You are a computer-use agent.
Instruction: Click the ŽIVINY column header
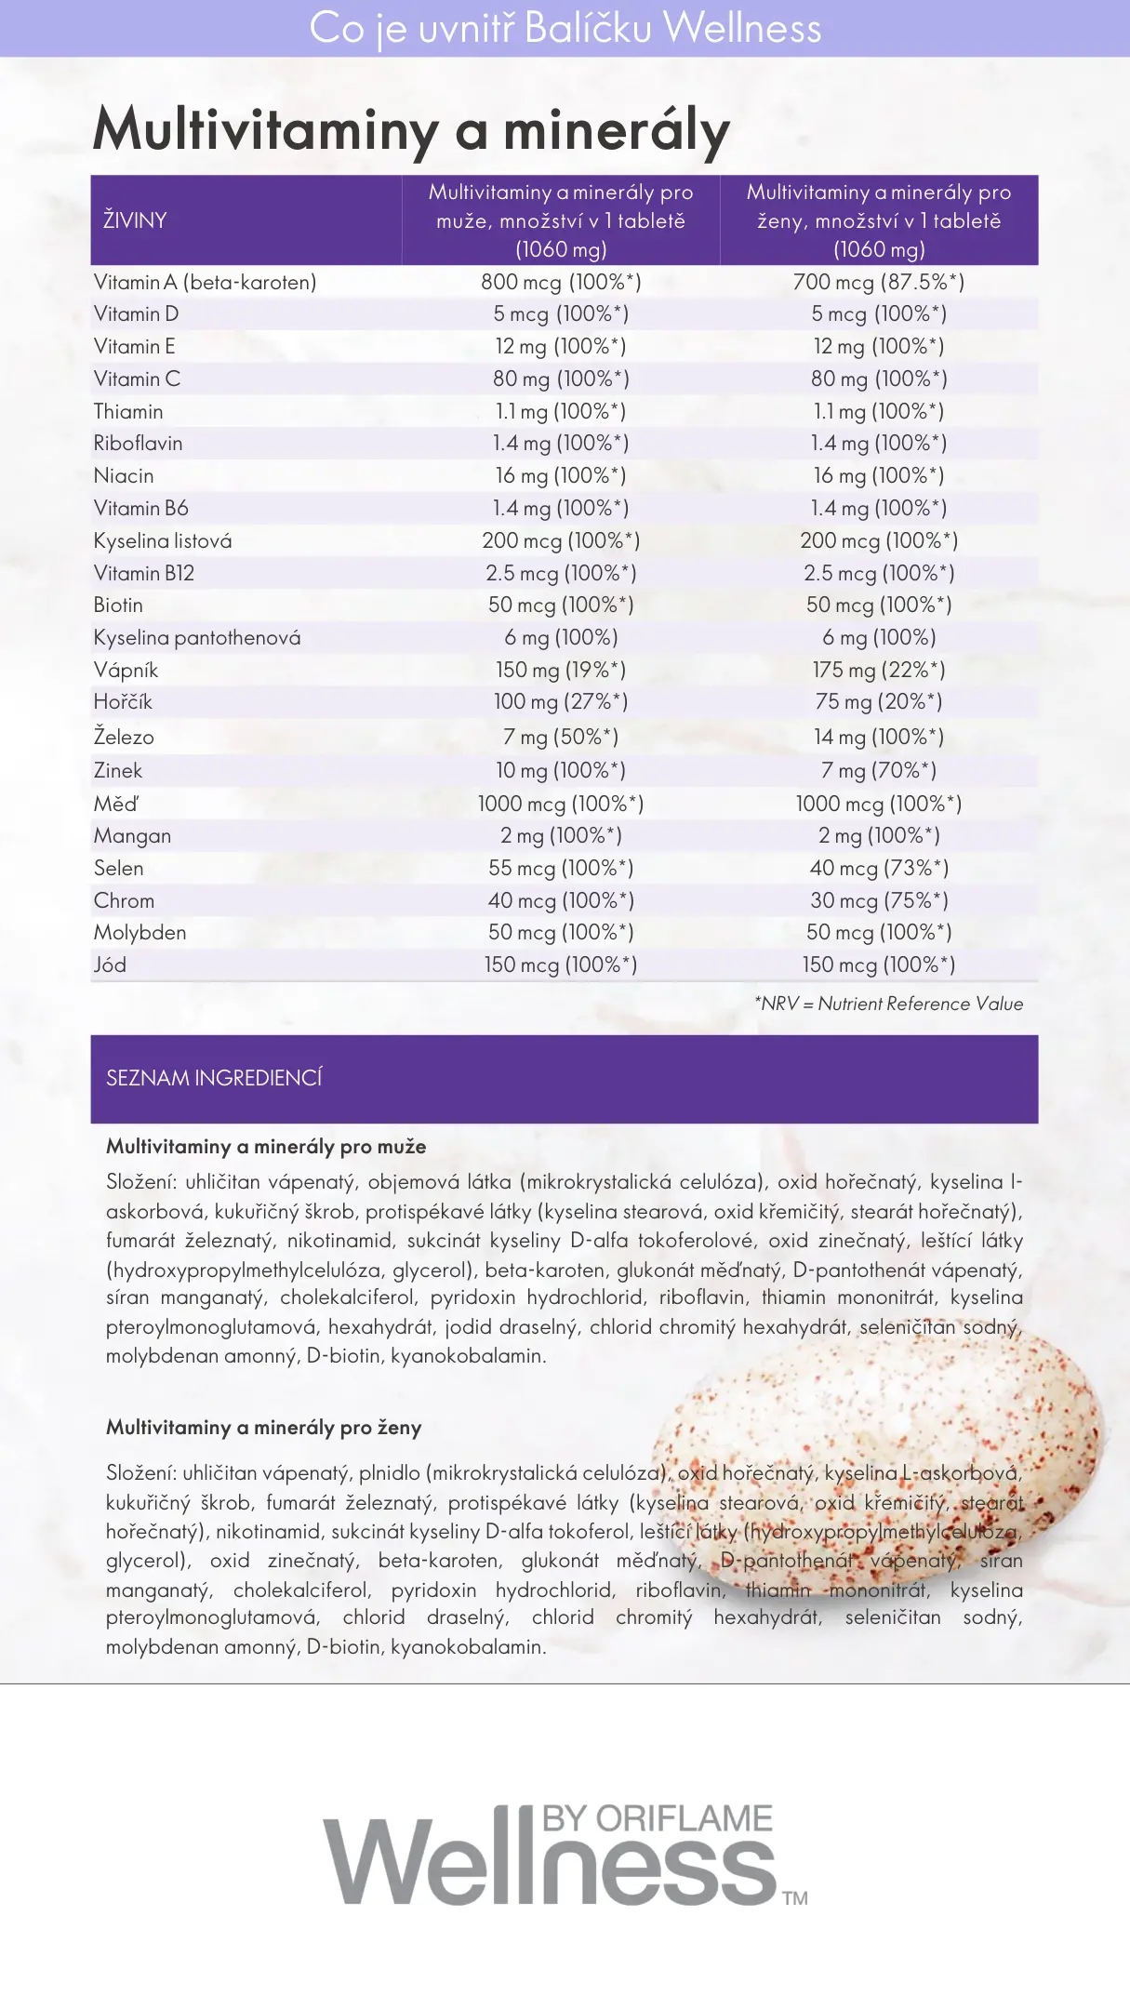(x=135, y=220)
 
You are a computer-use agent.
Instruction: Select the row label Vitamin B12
(x=144, y=573)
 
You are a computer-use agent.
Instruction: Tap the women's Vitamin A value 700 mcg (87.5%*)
(x=878, y=282)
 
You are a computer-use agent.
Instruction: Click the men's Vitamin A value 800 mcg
(x=561, y=282)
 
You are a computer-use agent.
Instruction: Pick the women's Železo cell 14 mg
(x=878, y=737)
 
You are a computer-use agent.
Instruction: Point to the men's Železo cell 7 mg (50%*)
(x=561, y=737)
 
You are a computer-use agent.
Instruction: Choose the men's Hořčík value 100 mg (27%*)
(x=561, y=701)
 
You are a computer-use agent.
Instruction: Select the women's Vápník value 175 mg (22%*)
(x=878, y=670)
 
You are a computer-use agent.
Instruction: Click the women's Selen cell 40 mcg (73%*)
(x=878, y=868)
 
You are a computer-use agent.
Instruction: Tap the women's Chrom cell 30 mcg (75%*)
(x=878, y=900)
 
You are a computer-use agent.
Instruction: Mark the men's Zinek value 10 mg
(x=561, y=770)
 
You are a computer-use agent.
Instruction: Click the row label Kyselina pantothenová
(x=197, y=638)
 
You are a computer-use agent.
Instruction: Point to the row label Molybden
(x=140, y=933)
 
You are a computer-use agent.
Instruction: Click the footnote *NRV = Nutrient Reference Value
(x=888, y=1004)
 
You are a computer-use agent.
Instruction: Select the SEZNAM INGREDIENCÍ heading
(x=214, y=1078)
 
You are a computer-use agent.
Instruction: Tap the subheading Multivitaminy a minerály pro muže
(x=266, y=1147)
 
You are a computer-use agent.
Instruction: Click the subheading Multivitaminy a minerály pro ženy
(x=264, y=1428)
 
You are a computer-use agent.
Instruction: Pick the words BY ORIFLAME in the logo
(x=657, y=1819)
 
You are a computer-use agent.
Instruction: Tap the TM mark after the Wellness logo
(x=795, y=1898)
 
